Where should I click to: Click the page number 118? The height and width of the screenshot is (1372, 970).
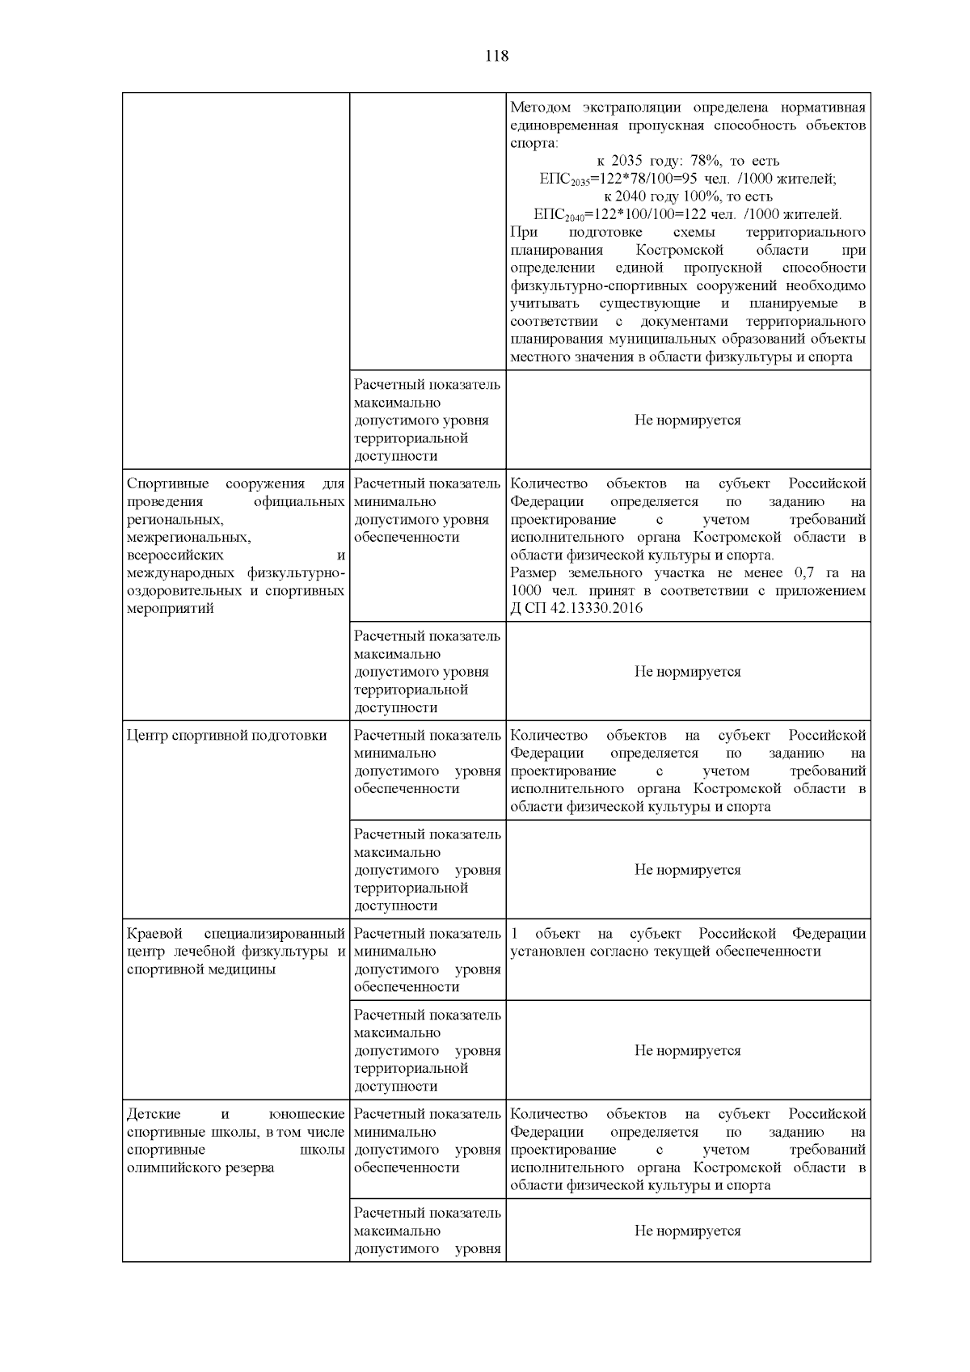(x=496, y=56)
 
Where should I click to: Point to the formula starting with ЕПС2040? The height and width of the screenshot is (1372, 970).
(x=688, y=215)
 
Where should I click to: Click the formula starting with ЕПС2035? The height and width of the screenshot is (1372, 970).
(x=688, y=179)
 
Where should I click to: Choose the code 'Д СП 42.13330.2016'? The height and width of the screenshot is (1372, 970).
(x=576, y=608)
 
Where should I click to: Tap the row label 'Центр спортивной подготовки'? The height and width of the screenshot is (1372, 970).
(x=227, y=735)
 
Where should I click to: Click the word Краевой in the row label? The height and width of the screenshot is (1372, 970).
(x=151, y=934)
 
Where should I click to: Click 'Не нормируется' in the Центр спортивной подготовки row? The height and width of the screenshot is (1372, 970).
(x=687, y=870)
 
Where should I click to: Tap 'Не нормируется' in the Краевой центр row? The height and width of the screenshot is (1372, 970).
(x=687, y=1050)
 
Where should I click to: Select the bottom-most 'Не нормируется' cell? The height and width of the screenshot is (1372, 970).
(x=687, y=1231)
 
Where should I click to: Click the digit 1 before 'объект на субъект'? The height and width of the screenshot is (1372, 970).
(x=515, y=934)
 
